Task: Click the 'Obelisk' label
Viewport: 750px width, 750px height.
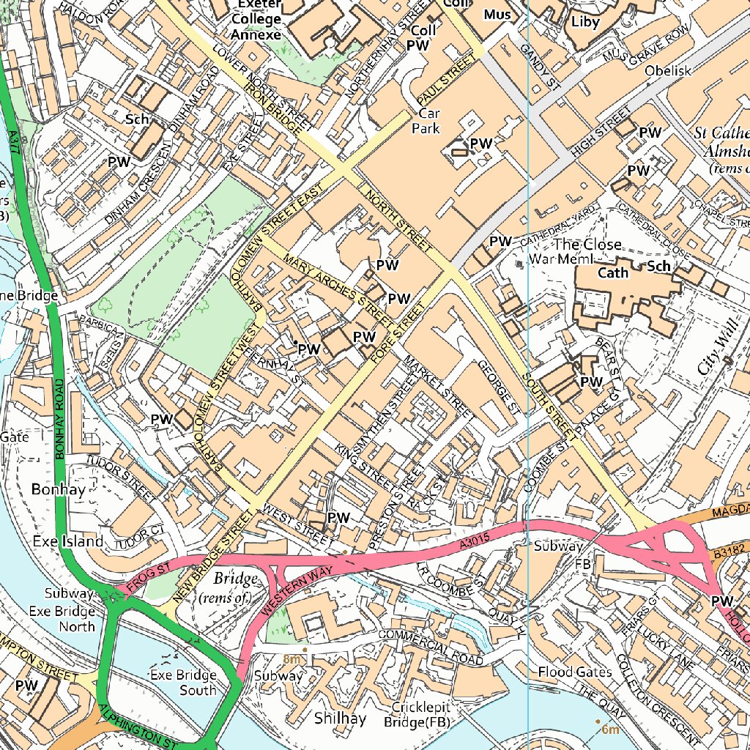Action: [x=668, y=71]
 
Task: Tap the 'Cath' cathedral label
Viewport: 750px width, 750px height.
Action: [x=614, y=272]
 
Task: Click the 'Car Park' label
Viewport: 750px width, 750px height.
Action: [x=429, y=122]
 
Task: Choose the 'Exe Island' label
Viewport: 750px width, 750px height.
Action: [x=68, y=541]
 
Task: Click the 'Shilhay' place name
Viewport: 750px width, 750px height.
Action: [x=340, y=719]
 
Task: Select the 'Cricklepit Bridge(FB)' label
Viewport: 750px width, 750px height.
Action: [x=420, y=715]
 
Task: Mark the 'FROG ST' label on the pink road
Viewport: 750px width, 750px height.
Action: [x=149, y=576]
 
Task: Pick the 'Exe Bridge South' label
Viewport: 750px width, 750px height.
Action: [x=183, y=682]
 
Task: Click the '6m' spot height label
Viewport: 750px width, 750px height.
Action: [x=610, y=729]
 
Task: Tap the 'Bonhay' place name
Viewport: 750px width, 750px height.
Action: [x=58, y=489]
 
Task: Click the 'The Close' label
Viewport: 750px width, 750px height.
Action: [x=587, y=244]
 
